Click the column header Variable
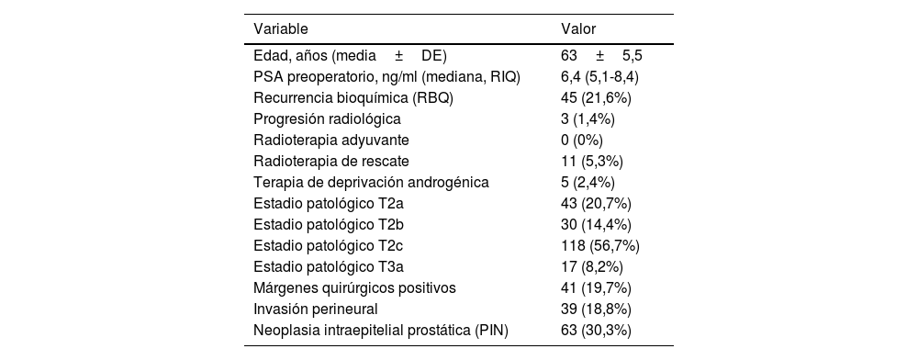280,29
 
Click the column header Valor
577,29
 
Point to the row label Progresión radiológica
327,118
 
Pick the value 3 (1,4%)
588,118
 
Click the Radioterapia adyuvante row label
330,140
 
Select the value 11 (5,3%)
592,161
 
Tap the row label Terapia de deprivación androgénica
371,182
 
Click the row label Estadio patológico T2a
329,203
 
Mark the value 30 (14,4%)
596,224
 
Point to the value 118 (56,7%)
599,245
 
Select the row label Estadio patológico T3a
329,266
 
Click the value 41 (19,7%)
596,287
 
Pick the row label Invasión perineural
315,309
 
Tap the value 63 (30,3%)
596,330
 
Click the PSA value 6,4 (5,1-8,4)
599,77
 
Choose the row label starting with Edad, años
350,56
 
